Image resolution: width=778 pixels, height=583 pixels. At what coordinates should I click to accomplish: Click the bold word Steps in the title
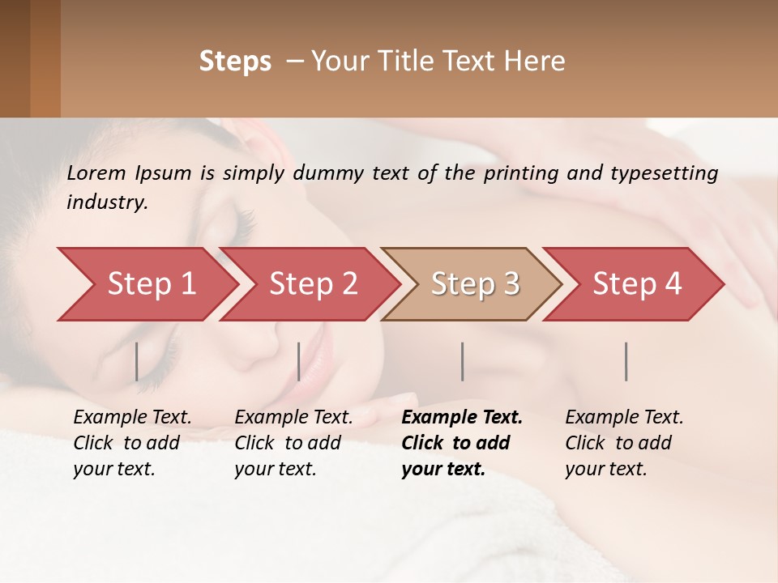(x=235, y=62)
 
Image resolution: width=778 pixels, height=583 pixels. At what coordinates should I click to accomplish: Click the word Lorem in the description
(x=96, y=173)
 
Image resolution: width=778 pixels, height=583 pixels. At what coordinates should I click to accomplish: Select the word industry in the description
(x=106, y=202)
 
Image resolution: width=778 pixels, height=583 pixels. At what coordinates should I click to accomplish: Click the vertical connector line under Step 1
(x=137, y=361)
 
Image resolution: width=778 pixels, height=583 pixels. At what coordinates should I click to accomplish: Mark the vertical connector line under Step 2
(x=299, y=361)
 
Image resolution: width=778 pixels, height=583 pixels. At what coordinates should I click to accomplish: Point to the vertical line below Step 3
(x=462, y=361)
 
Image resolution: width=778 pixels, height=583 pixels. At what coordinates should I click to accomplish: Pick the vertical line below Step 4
(x=626, y=361)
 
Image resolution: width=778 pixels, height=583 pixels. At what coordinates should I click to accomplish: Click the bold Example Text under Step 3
(x=462, y=418)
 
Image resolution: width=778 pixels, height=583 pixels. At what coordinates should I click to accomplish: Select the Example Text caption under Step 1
(x=132, y=418)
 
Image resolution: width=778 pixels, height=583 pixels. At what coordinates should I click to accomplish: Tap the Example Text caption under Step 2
(x=293, y=418)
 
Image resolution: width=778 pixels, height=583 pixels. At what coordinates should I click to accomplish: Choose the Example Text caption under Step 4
(x=624, y=418)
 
